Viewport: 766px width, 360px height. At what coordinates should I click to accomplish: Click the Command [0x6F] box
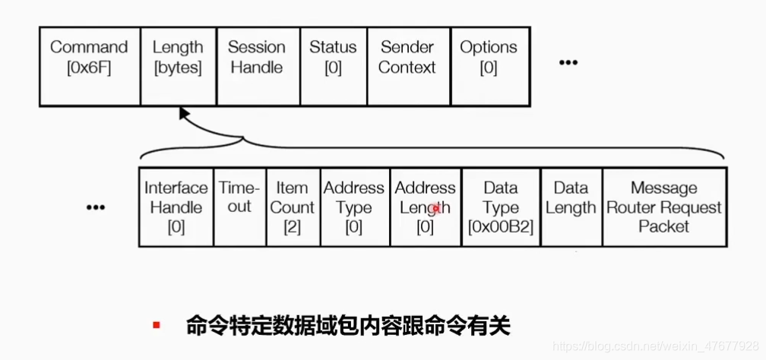[x=90, y=67]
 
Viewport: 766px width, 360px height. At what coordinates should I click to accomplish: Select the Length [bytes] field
[x=178, y=67]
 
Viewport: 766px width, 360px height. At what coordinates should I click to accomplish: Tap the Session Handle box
[x=258, y=67]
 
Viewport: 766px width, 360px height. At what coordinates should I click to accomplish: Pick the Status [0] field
[x=333, y=67]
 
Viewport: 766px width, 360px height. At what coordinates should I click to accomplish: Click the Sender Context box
[x=407, y=67]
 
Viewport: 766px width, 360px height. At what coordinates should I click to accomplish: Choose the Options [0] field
[x=489, y=67]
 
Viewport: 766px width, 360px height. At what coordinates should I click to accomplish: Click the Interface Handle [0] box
[x=176, y=207]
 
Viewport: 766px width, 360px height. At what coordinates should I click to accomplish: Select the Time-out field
[x=239, y=207]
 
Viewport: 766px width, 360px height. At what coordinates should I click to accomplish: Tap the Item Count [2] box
[x=292, y=207]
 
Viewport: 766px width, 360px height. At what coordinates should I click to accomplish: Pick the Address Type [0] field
[x=353, y=207]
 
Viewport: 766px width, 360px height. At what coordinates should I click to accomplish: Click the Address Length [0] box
[x=425, y=207]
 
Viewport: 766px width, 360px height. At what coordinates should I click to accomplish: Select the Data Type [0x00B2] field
[x=500, y=207]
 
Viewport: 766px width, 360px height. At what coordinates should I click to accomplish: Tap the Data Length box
[x=571, y=207]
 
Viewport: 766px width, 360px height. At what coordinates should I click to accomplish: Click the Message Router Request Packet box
[x=663, y=207]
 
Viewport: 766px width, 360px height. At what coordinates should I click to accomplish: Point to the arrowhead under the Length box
[x=183, y=113]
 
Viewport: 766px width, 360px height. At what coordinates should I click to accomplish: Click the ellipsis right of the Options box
[x=568, y=62]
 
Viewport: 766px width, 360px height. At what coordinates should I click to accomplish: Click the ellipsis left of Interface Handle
[x=95, y=207]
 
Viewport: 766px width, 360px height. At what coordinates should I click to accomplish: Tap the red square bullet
[x=156, y=326]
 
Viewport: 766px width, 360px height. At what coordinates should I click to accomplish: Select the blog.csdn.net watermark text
[x=657, y=346]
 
